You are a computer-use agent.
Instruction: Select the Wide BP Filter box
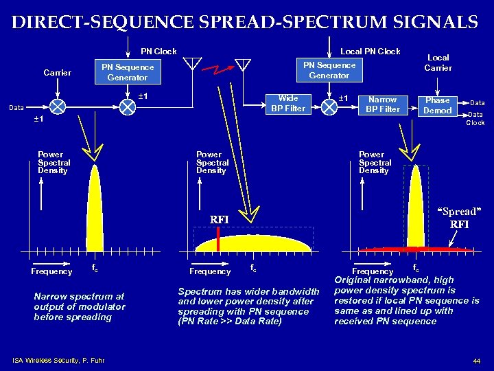click(288, 104)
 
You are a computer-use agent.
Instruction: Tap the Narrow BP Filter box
click(382, 104)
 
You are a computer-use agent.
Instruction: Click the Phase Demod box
click(437, 104)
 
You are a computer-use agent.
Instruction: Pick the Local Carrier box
click(438, 63)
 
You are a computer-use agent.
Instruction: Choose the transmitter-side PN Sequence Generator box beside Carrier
click(128, 72)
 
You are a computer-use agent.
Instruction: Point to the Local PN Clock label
click(370, 52)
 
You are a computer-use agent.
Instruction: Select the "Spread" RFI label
click(459, 218)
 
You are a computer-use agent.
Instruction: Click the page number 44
click(476, 361)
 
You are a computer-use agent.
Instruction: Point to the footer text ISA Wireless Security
click(58, 359)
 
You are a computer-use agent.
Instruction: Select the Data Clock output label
click(475, 119)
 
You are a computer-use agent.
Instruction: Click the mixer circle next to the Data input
click(58, 106)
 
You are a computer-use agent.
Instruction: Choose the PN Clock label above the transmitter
click(158, 52)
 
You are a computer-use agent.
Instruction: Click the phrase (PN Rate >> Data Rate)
click(229, 321)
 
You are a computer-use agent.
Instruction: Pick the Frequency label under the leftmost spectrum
click(51, 271)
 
